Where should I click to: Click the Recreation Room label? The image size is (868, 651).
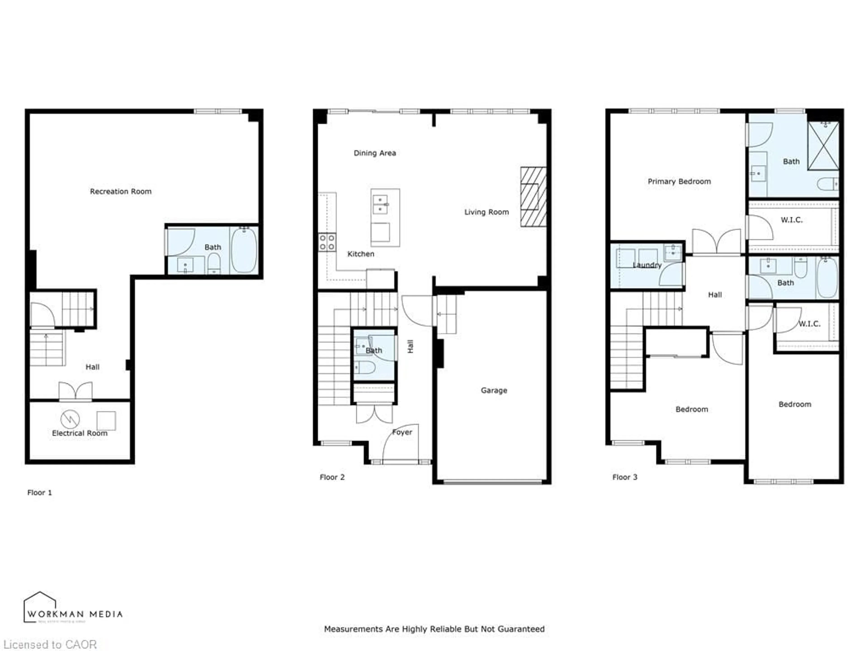[x=120, y=191]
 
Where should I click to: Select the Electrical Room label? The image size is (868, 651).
[x=80, y=433]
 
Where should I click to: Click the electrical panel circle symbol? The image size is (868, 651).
[x=70, y=419]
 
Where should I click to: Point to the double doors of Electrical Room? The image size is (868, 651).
[x=75, y=391]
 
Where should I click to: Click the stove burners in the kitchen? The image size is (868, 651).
[x=327, y=242]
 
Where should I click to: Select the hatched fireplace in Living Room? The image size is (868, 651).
[x=533, y=197]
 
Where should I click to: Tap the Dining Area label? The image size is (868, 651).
[x=375, y=153]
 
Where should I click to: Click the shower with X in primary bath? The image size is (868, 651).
[x=823, y=146]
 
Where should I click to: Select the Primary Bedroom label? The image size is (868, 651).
[x=679, y=181]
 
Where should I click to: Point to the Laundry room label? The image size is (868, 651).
[x=647, y=265]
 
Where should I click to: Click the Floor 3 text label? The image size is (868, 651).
[x=625, y=477]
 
